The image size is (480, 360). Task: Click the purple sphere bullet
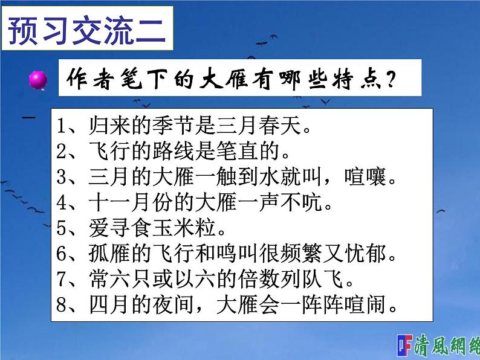[38, 80]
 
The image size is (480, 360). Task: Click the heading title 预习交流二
[88, 28]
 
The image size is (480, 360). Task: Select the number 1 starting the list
[60, 128]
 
